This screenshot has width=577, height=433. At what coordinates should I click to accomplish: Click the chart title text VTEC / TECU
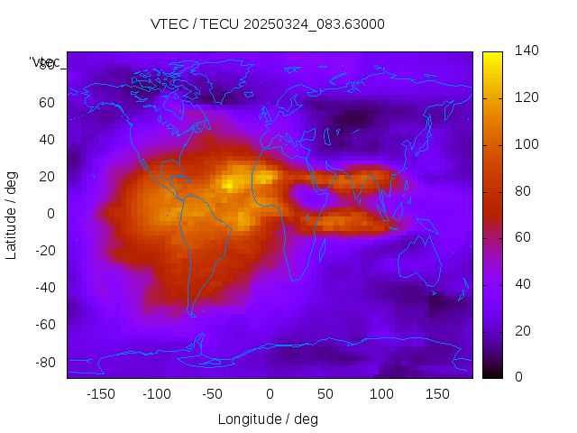coord(268,24)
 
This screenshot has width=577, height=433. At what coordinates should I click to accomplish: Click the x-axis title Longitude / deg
coord(268,419)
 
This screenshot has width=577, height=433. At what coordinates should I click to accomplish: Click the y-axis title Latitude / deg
coord(12,214)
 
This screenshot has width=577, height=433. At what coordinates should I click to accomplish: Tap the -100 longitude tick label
coord(156,393)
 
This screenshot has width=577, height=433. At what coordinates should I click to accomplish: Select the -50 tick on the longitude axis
coord(213,393)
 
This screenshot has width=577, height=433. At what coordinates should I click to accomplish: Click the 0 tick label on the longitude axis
coord(270,393)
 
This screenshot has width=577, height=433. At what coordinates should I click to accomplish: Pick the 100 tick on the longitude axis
coord(381,393)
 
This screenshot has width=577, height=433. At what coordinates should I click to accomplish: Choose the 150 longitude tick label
coord(437,393)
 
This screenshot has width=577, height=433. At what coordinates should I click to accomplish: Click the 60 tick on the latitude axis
coord(47,102)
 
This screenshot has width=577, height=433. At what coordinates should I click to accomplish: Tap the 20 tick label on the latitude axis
coord(47,176)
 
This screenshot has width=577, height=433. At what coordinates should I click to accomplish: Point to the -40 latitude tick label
coord(43,288)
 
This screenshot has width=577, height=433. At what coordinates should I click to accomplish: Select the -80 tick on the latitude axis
coord(43,362)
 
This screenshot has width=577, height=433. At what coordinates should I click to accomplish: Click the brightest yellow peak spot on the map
coord(229,185)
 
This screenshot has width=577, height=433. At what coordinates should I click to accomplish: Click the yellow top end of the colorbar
coord(492,56)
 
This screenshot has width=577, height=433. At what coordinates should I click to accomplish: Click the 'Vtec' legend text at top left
coord(44,62)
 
